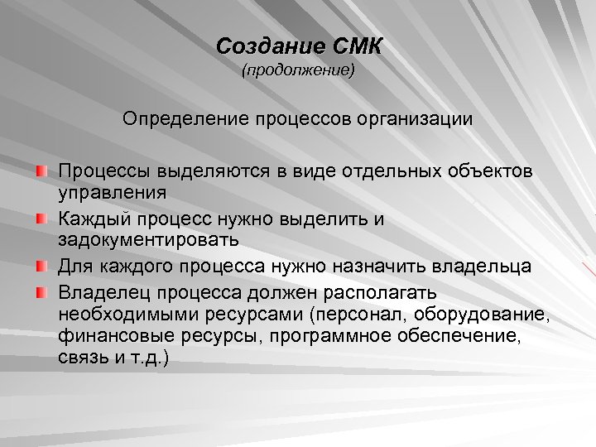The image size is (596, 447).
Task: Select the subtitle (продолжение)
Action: pos(298,73)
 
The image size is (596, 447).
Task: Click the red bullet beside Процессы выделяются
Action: pos(42,171)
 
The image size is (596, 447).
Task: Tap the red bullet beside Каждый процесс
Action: pos(42,219)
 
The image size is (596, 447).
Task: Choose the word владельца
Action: pos(485,267)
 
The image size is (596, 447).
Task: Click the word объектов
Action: pos(488,171)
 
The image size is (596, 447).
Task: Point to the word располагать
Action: pos(375,293)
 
